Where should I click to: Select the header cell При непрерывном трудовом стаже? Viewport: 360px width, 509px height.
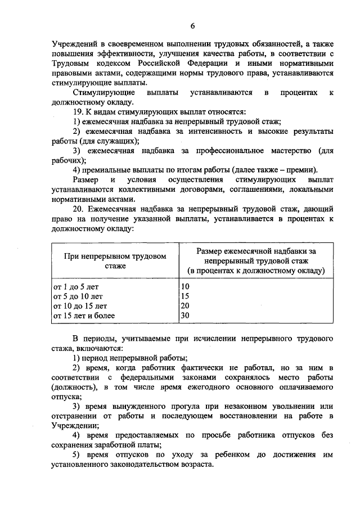[x=115, y=260]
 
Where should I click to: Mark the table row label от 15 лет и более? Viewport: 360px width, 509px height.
[x=84, y=316]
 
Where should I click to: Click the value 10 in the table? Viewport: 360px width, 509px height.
[x=184, y=287]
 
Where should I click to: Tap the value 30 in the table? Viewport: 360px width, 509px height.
[x=184, y=316]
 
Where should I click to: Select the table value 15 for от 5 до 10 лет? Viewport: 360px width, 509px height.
[x=184, y=296]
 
